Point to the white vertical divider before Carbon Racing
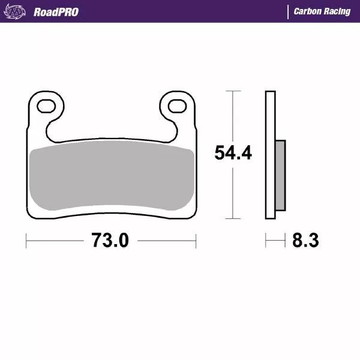[289, 11]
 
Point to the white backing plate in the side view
[270, 155]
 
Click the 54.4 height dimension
[233, 154]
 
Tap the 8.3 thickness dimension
[305, 241]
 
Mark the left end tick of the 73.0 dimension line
[26, 241]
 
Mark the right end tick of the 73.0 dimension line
[196, 241]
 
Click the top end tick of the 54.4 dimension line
[233, 91]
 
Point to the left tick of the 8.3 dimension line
[266, 241]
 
